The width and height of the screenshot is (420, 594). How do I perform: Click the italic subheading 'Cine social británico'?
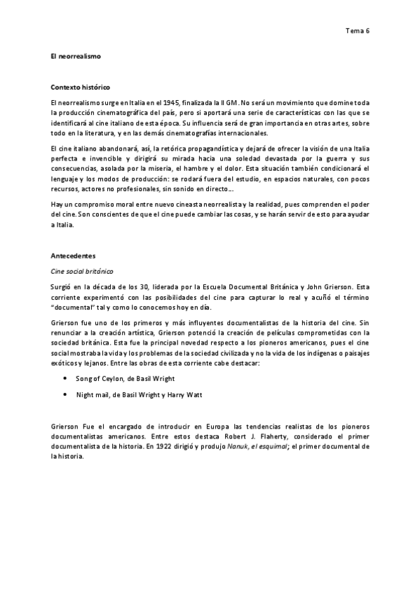pyautogui.click(x=81, y=270)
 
